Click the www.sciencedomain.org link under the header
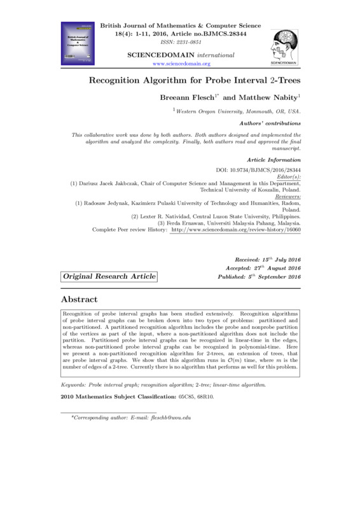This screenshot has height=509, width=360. pyautogui.click(x=182, y=64)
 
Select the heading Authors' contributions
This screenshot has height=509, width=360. pyautogui.click(x=271, y=122)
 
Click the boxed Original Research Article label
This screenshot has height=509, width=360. pyautogui.click(x=109, y=277)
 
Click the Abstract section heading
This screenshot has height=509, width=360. pyautogui.click(x=79, y=299)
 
